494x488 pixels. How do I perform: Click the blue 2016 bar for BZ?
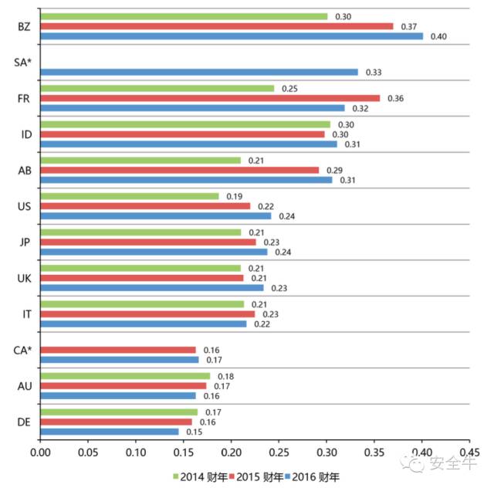(231, 36)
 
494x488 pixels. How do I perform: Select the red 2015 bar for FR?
(209, 98)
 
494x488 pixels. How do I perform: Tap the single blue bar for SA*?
(198, 72)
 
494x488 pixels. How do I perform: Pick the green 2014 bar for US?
(129, 196)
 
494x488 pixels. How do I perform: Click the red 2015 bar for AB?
(178, 170)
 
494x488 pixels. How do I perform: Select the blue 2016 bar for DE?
(109, 431)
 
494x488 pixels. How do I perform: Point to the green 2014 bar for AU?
(124, 376)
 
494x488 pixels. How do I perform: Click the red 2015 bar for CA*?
(117, 350)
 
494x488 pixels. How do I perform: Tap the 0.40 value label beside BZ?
(438, 36)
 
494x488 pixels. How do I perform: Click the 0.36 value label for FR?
(395, 98)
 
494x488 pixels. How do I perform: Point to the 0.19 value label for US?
(235, 196)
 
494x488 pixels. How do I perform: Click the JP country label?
(25, 242)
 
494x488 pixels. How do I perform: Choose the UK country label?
(25, 278)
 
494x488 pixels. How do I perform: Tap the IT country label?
(25, 313)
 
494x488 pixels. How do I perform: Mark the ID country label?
(25, 134)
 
